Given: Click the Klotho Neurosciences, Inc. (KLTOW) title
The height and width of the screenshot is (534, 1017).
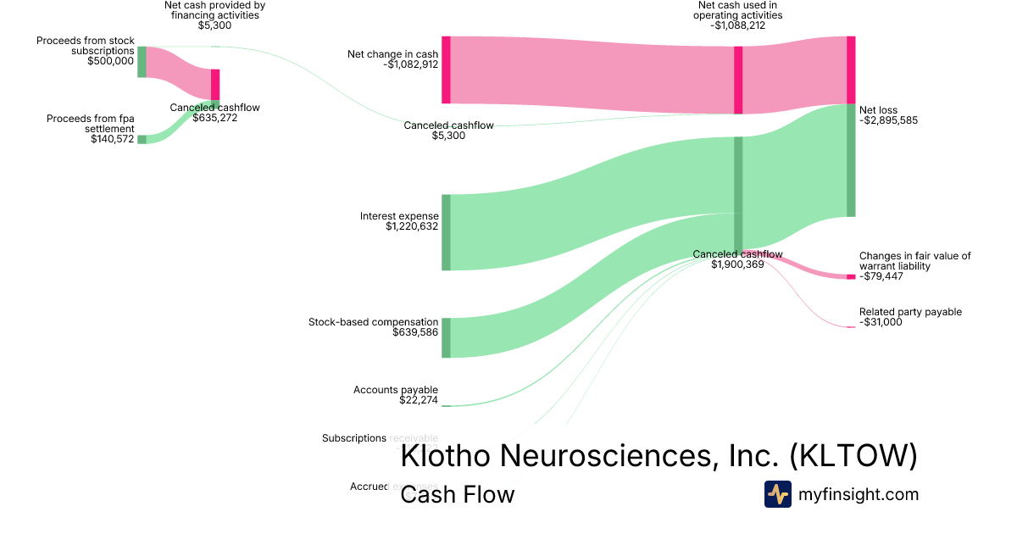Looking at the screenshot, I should [x=659, y=456].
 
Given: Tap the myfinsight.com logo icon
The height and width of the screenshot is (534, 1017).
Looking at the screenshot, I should [x=777, y=494].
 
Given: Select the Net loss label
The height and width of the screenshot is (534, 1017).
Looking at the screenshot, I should [x=878, y=110].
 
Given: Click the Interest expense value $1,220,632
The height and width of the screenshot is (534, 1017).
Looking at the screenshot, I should [x=412, y=226].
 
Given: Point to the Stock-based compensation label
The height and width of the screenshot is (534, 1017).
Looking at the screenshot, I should [x=373, y=322].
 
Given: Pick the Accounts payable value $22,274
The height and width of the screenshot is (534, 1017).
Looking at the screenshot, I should [x=419, y=400].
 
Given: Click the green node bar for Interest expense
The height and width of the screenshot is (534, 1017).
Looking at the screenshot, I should [x=446, y=232].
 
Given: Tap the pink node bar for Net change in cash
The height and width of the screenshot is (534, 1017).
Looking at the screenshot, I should [x=446, y=70].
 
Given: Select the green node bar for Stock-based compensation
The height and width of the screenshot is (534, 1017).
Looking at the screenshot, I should [x=446, y=337].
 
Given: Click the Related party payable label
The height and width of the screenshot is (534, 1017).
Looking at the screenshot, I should [x=910, y=312].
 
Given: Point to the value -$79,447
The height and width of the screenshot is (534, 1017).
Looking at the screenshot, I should [x=883, y=276].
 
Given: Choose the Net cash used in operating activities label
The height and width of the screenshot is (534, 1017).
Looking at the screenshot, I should [x=737, y=10].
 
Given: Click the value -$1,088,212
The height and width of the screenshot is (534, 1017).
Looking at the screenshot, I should [x=737, y=25].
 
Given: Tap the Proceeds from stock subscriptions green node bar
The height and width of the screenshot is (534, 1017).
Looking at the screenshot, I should [x=142, y=62].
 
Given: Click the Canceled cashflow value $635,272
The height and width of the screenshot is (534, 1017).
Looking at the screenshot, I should [x=215, y=118].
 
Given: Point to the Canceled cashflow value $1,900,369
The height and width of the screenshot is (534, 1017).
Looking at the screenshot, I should [x=737, y=264].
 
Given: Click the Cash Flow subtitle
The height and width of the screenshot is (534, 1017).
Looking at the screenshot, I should [x=457, y=495].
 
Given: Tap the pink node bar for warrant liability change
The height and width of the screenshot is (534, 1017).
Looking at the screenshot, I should [x=851, y=277].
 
